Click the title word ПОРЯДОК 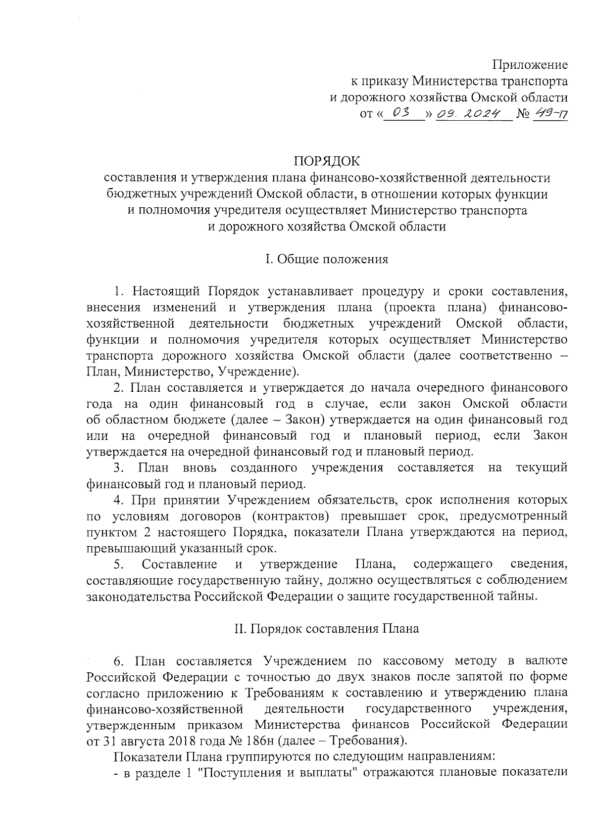click(327, 161)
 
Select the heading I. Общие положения click(327, 259)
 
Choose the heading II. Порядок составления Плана click(327, 629)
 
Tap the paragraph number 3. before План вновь click(118, 467)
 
